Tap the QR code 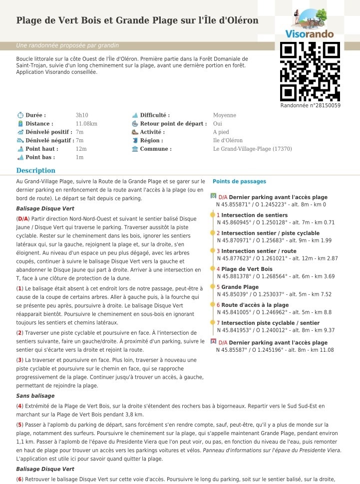click(310, 71)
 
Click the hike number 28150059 click(310, 105)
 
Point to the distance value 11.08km click(86, 124)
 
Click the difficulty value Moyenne click(224, 115)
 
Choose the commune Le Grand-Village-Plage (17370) click(252, 149)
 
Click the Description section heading click(35, 171)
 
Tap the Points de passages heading click(239, 182)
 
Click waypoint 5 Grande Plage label click(240, 287)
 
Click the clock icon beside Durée click(20, 115)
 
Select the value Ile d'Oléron click(228, 140)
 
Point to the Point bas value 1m click(79, 157)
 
